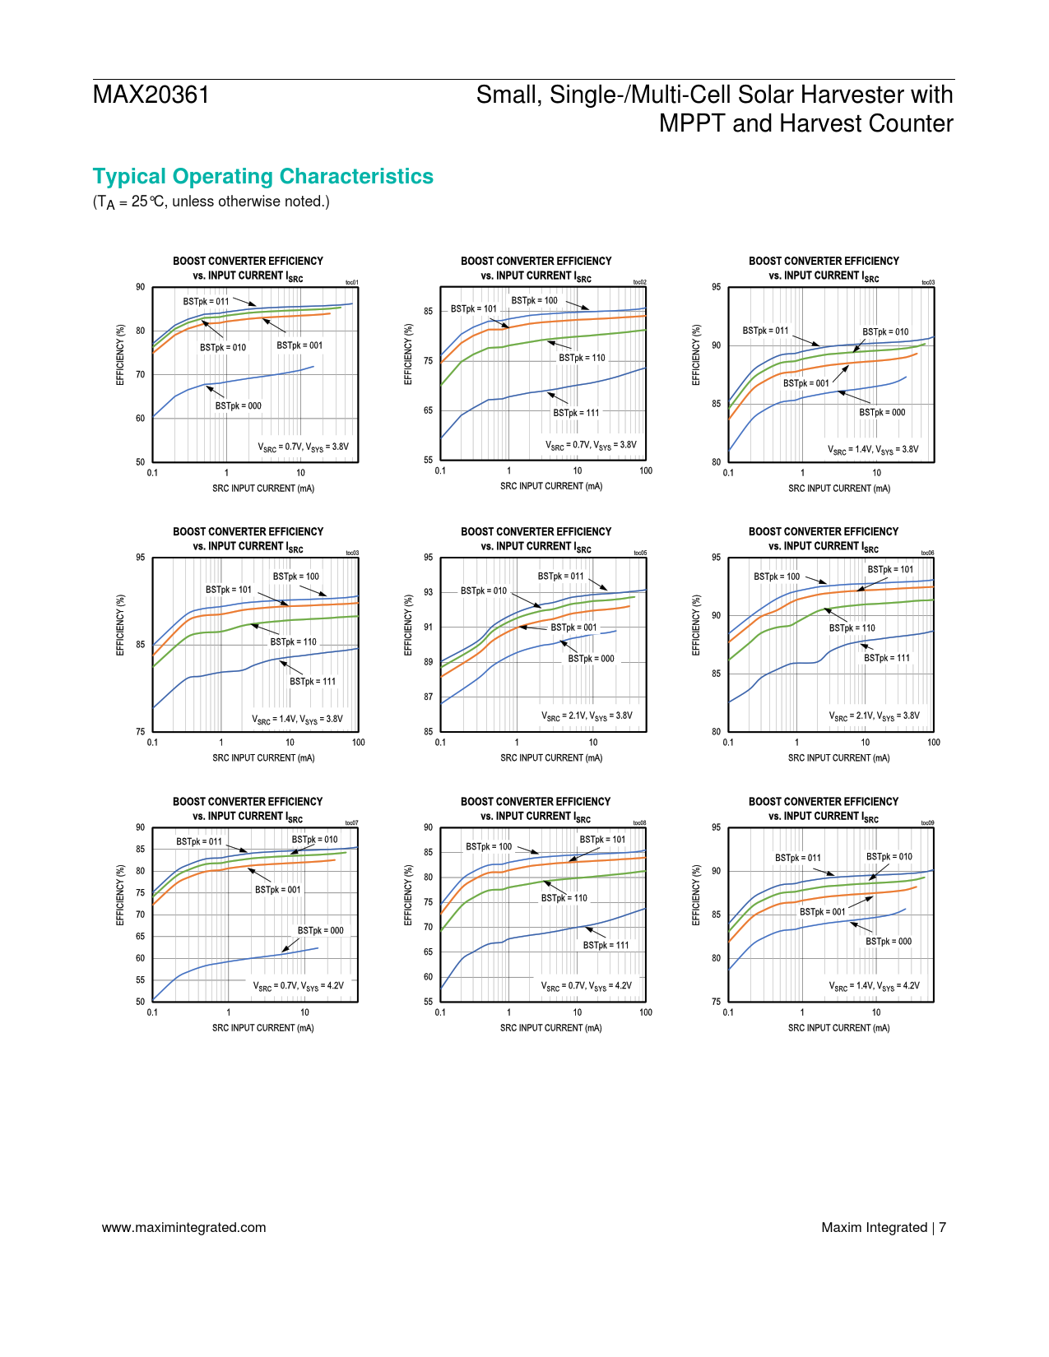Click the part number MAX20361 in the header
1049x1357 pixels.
click(x=151, y=95)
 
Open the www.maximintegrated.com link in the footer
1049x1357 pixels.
click(x=183, y=1227)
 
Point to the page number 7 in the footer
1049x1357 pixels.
click(x=942, y=1227)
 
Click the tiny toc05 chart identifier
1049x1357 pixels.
click(x=640, y=553)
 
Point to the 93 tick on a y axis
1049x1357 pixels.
click(x=429, y=592)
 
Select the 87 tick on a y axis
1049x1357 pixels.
click(x=429, y=697)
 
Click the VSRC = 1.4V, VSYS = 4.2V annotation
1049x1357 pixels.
click(x=874, y=985)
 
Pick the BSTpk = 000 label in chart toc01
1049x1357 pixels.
click(x=239, y=405)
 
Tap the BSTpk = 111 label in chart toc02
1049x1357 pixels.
click(x=576, y=413)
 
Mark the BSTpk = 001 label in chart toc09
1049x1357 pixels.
click(x=822, y=912)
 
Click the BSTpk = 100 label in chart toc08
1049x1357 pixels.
click(x=489, y=846)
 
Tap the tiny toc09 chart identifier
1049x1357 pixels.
click(x=927, y=822)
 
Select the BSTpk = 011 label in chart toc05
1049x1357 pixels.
click(x=560, y=577)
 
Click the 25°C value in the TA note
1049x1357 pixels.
click(x=148, y=201)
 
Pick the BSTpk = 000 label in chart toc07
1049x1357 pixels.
click(x=320, y=930)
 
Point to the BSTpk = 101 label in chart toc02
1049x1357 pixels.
click(x=474, y=309)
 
